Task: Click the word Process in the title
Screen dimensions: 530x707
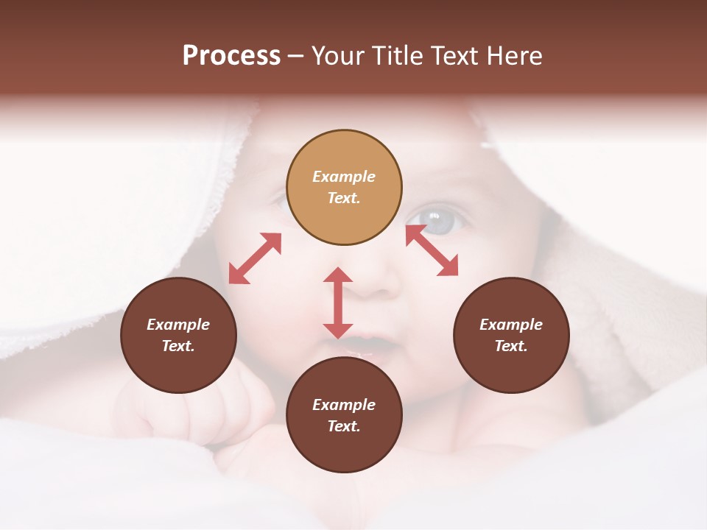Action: click(231, 56)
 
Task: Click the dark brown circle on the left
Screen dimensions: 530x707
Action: click(178, 335)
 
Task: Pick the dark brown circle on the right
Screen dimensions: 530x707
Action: click(511, 335)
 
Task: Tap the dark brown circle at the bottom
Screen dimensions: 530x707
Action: click(344, 414)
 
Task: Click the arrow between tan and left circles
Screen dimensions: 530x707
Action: click(255, 258)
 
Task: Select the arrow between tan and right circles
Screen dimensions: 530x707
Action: click(432, 250)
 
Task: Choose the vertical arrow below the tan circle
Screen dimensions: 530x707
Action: click(338, 303)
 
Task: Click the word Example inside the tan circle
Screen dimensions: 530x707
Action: click(344, 177)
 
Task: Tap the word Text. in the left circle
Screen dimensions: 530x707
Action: click(178, 346)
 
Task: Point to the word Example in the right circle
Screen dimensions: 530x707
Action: click(511, 325)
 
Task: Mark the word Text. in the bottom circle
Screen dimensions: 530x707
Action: click(344, 426)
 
